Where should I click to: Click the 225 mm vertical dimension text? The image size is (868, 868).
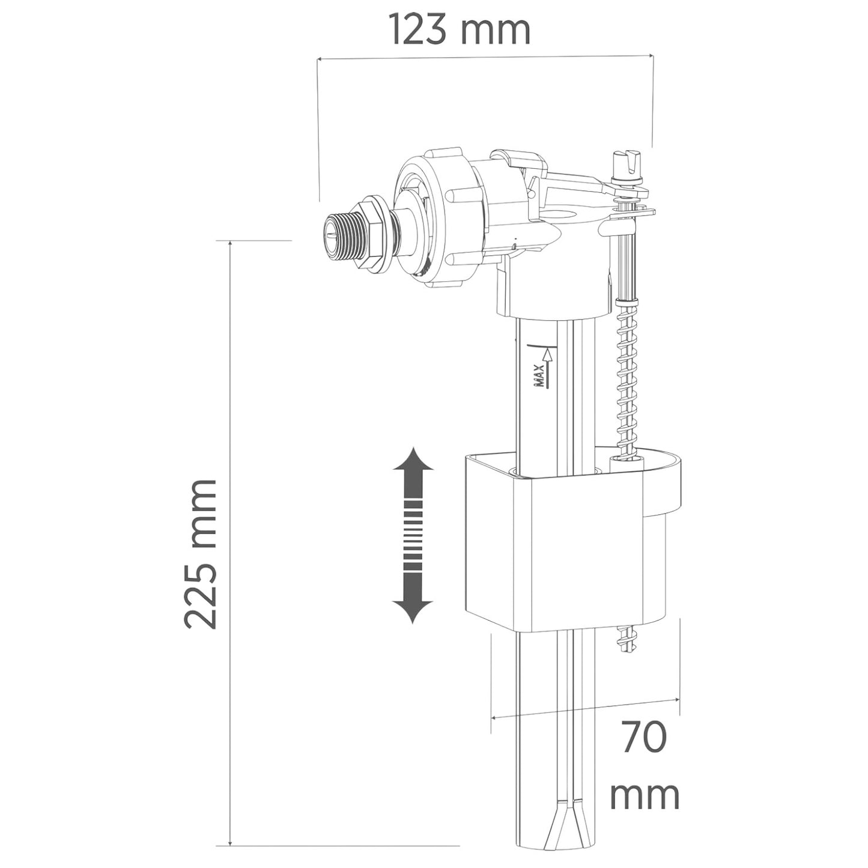(201, 554)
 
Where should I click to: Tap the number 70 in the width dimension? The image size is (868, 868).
(643, 738)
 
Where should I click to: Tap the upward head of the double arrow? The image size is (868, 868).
(412, 463)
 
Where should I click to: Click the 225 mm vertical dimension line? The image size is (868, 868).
(231, 541)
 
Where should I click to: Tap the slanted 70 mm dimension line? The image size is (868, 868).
(586, 708)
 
